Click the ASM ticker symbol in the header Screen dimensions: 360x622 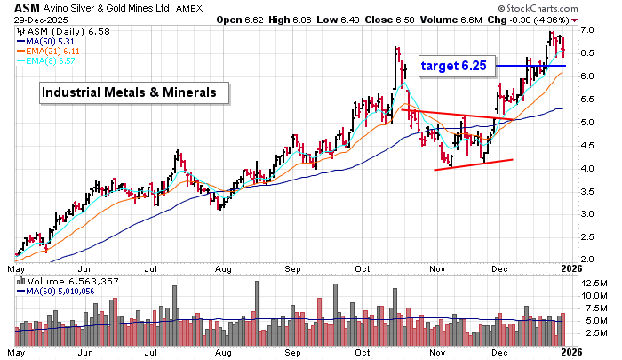[x=27, y=9]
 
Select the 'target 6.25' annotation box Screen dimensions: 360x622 [x=455, y=66]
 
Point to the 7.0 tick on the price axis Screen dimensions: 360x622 [x=587, y=30]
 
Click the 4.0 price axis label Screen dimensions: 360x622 [x=587, y=169]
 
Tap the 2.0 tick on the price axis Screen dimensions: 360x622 [x=587, y=261]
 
